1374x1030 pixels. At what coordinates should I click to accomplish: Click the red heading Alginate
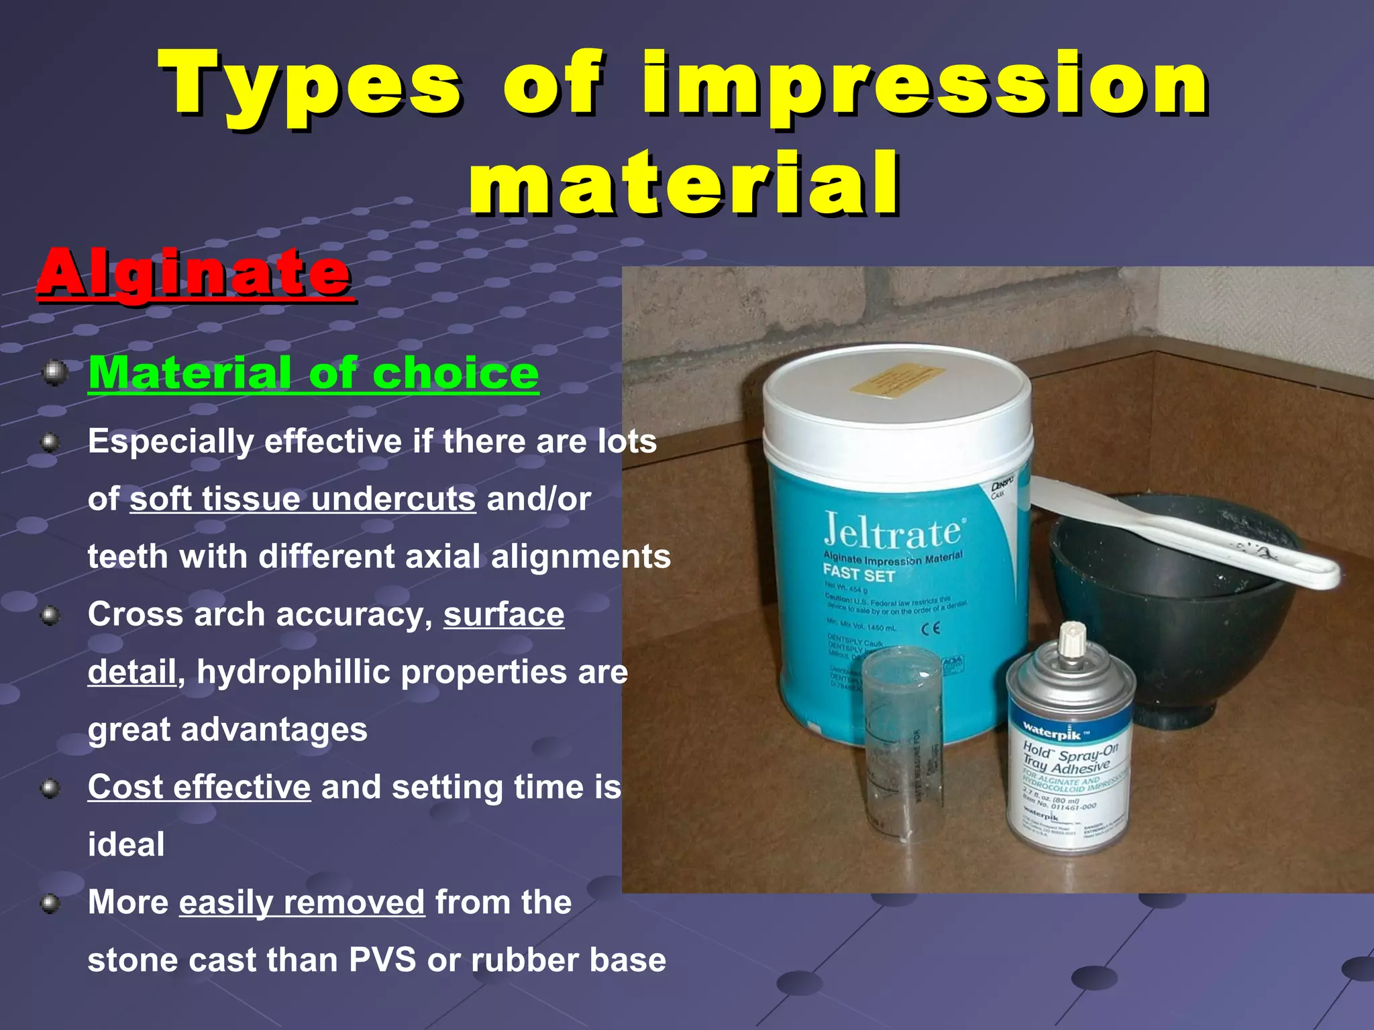coord(195,274)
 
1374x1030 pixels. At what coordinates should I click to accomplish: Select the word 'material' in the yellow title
coord(684,182)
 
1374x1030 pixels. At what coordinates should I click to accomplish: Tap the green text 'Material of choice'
coord(313,373)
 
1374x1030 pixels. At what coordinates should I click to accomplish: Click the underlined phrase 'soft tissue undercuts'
coord(303,500)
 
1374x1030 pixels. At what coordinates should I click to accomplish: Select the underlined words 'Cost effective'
coord(199,787)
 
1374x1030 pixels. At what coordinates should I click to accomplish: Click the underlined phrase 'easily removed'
coord(302,903)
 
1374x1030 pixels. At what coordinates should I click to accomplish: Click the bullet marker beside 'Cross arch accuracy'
coord(50,616)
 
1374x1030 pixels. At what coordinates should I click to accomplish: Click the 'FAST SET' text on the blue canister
coord(859,574)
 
